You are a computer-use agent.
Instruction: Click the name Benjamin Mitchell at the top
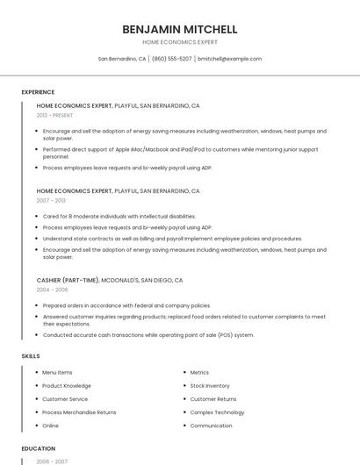pyautogui.click(x=179, y=28)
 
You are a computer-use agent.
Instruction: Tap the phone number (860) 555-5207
pyautogui.click(x=171, y=59)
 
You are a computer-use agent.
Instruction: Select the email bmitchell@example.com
pyautogui.click(x=229, y=59)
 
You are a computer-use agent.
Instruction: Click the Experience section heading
pyautogui.click(x=38, y=92)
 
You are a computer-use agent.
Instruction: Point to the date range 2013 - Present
pyautogui.click(x=55, y=115)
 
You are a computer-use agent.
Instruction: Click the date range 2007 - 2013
pyautogui.click(x=51, y=200)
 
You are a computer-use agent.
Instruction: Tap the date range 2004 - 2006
pyautogui.click(x=52, y=290)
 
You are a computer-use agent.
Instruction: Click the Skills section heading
pyautogui.click(x=31, y=356)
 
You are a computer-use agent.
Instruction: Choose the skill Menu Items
pyautogui.click(x=57, y=373)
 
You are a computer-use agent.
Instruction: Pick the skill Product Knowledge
pyautogui.click(x=66, y=386)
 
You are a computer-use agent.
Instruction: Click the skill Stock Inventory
pyautogui.click(x=210, y=386)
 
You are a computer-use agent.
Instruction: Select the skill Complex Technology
pyautogui.click(x=217, y=412)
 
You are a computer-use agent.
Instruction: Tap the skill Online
pyautogui.click(x=50, y=426)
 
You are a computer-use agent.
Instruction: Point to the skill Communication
pyautogui.click(x=211, y=426)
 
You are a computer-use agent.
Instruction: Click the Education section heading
pyautogui.click(x=38, y=448)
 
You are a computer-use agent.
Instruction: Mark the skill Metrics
pyautogui.click(x=199, y=373)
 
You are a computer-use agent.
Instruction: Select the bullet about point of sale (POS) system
pyautogui.click(x=148, y=335)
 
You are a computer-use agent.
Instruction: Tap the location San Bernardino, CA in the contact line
pyautogui.click(x=122, y=59)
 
